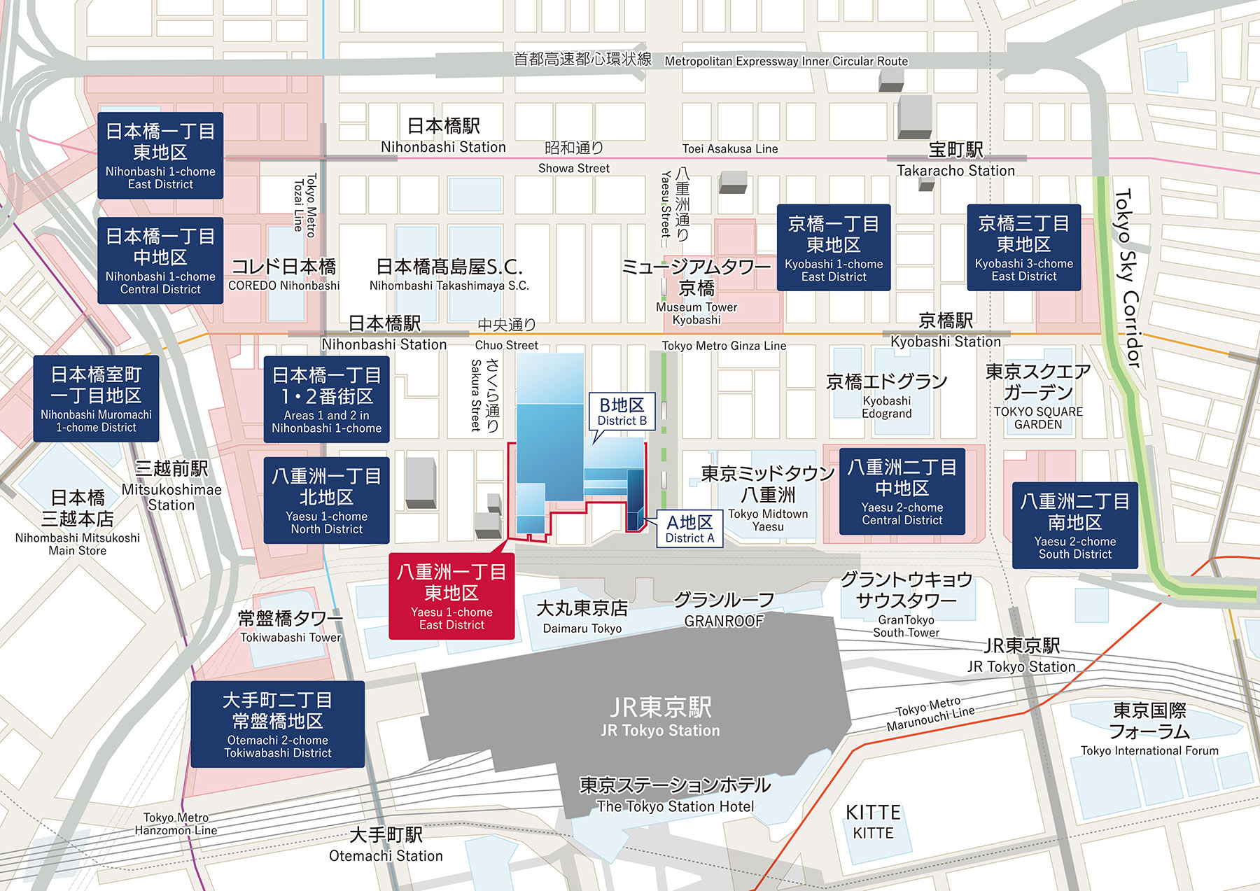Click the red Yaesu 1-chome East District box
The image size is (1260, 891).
click(x=451, y=596)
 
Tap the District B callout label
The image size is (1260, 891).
click(x=622, y=412)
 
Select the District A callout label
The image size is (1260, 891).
click(x=689, y=528)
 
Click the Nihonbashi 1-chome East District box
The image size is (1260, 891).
click(x=160, y=155)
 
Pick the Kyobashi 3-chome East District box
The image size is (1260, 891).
click(x=1023, y=248)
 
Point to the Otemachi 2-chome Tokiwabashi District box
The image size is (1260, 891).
click(x=277, y=724)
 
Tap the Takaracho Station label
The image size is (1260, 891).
click(x=955, y=160)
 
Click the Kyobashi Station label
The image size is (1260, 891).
click(x=945, y=331)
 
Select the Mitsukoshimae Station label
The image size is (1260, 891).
click(x=171, y=486)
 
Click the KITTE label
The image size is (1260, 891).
click(x=873, y=822)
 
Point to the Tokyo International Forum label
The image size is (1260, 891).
click(x=1149, y=730)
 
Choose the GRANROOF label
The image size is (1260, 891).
click(x=724, y=610)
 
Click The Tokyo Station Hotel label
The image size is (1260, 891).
click(x=675, y=795)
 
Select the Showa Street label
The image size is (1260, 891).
click(x=574, y=157)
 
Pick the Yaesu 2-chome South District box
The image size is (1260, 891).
click(x=1074, y=526)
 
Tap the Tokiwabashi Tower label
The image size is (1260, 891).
click(x=290, y=627)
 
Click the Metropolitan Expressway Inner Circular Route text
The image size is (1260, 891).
click(x=786, y=62)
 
